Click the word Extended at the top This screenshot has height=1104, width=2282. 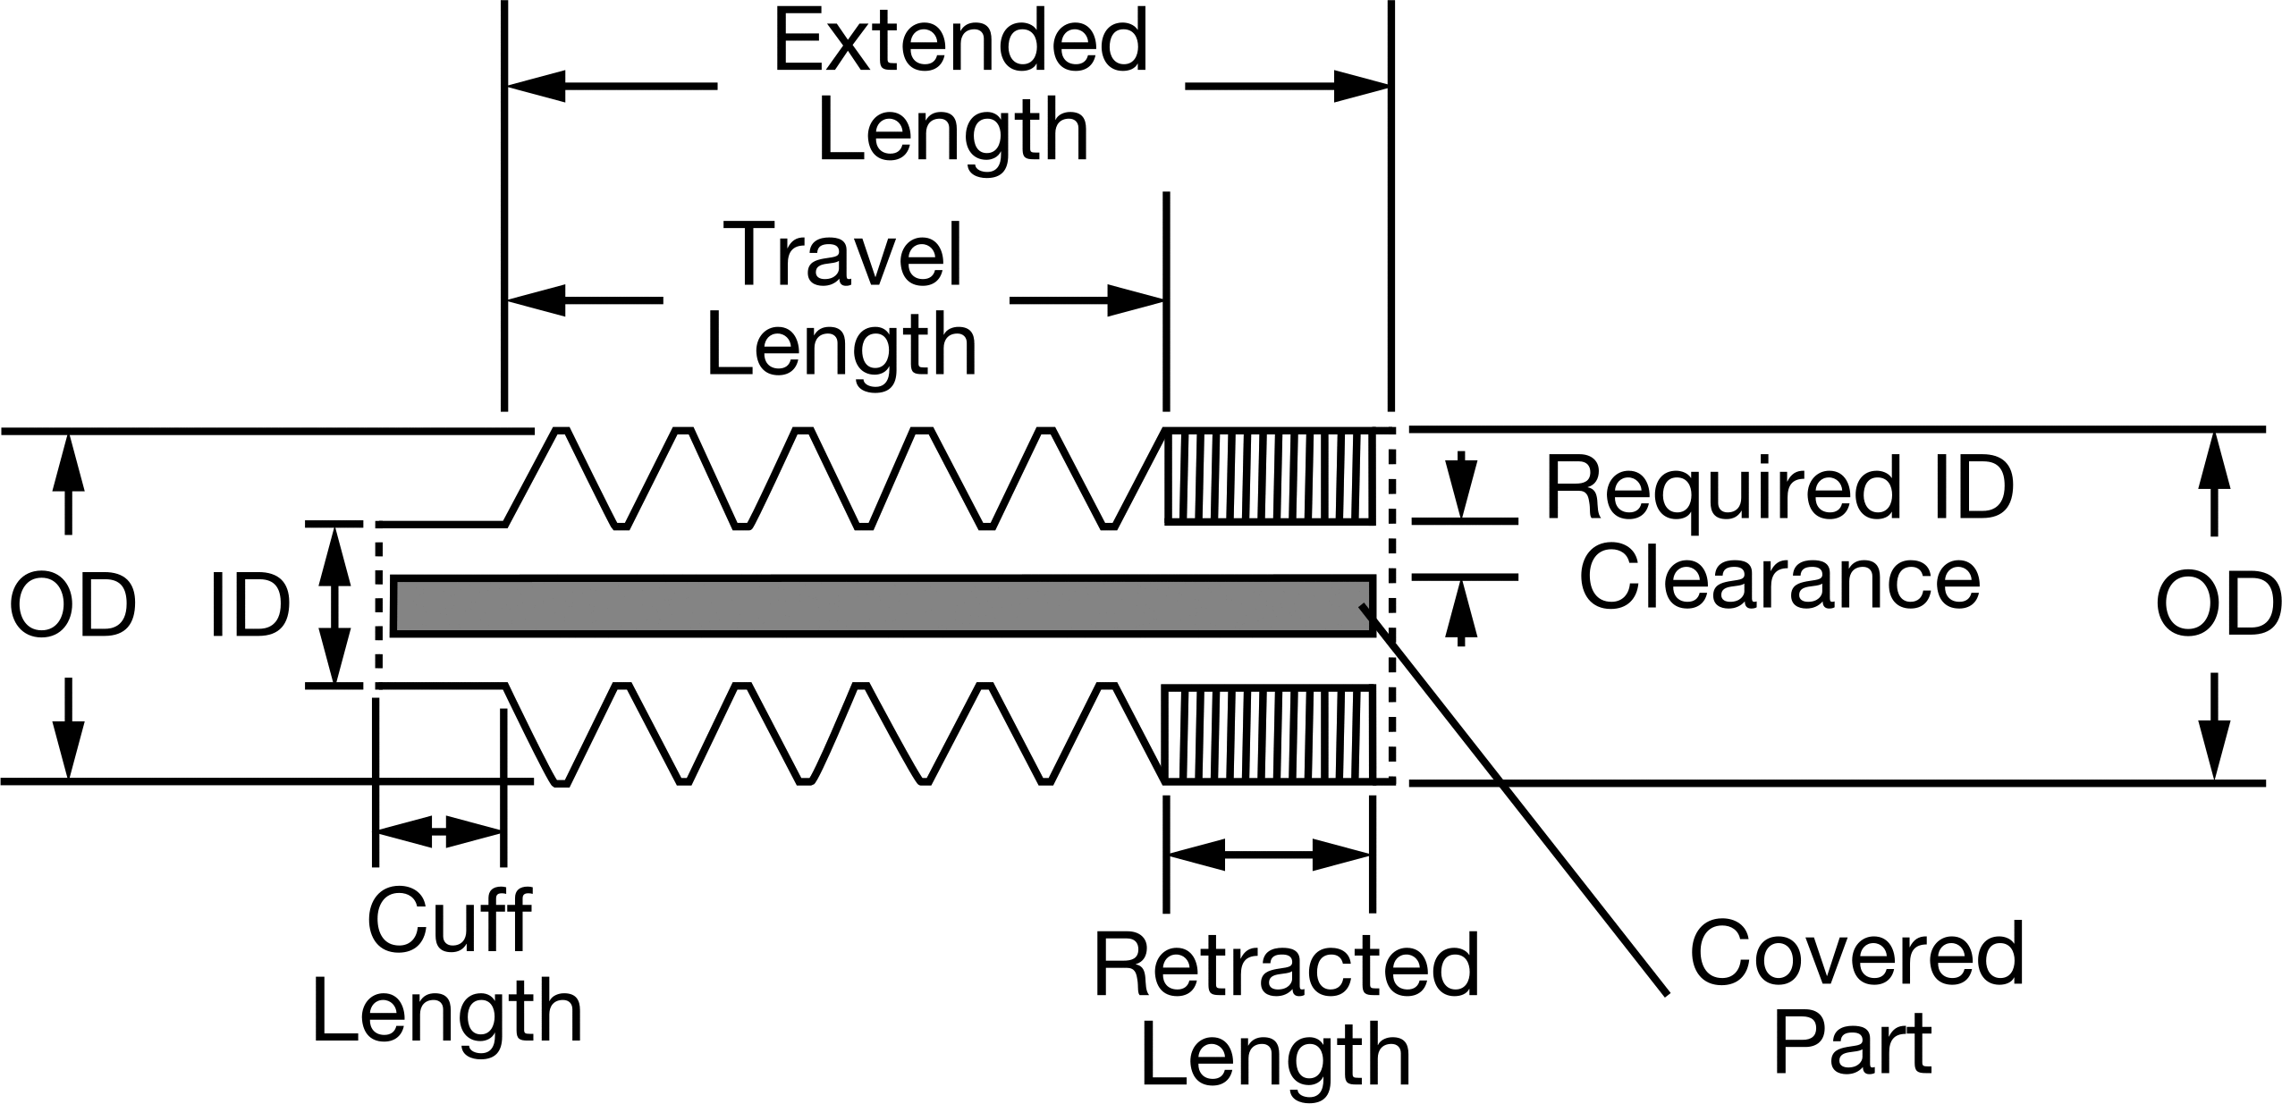[959, 41]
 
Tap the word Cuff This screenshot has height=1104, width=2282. [449, 920]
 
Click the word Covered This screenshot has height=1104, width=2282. [1856, 954]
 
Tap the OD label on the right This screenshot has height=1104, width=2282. [2217, 607]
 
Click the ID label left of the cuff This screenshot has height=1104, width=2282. [250, 607]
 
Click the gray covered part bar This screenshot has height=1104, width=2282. [883, 606]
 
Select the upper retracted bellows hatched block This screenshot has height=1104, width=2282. [1269, 476]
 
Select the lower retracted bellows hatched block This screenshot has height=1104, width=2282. [1269, 734]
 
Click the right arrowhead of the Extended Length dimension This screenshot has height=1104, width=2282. [1360, 87]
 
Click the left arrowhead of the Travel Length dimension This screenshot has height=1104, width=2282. [537, 300]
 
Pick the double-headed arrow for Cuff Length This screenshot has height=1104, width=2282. [439, 832]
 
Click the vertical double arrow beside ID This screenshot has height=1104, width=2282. [334, 605]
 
